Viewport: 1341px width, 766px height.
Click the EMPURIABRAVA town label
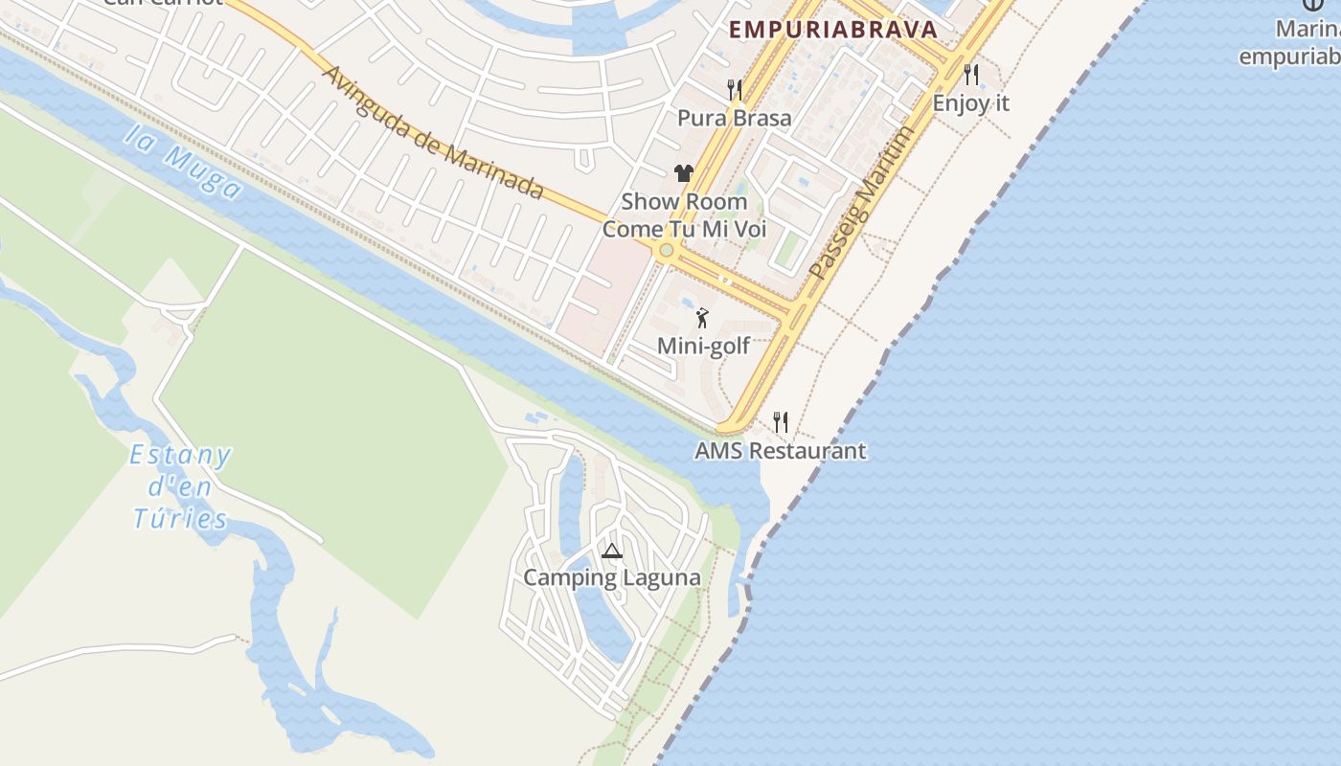832,29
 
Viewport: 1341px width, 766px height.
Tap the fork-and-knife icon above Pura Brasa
735,90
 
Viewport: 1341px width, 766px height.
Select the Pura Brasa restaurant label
735,118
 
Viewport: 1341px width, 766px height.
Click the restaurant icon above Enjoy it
971,75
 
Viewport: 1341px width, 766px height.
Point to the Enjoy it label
971,102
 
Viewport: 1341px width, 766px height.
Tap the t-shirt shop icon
683,173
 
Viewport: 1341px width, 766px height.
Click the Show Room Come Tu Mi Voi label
684,215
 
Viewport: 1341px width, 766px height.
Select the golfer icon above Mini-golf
703,318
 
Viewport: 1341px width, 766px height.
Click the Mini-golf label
703,346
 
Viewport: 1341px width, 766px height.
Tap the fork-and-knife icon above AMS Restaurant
781,422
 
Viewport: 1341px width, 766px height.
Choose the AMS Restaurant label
781,450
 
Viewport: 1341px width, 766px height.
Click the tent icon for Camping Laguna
612,551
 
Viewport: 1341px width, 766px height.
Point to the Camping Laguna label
612,577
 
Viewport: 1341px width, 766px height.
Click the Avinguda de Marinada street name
433,132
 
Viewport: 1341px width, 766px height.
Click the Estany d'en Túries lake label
180,487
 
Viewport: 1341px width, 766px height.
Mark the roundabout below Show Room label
666,250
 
